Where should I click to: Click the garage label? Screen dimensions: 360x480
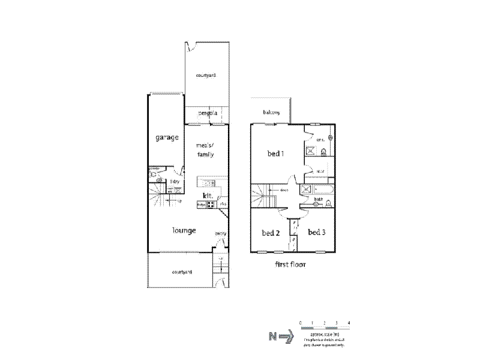168,137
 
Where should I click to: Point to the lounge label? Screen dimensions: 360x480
184,230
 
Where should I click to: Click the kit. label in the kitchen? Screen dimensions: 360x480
209,196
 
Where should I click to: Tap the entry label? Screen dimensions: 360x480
220,234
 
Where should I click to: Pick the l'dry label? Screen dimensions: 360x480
175,182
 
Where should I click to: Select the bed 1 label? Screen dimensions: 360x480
275,154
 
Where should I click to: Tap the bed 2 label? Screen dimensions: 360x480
271,233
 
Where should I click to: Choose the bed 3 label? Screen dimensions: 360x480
316,232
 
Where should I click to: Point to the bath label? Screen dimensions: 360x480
319,199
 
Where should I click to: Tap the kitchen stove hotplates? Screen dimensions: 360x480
211,205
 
